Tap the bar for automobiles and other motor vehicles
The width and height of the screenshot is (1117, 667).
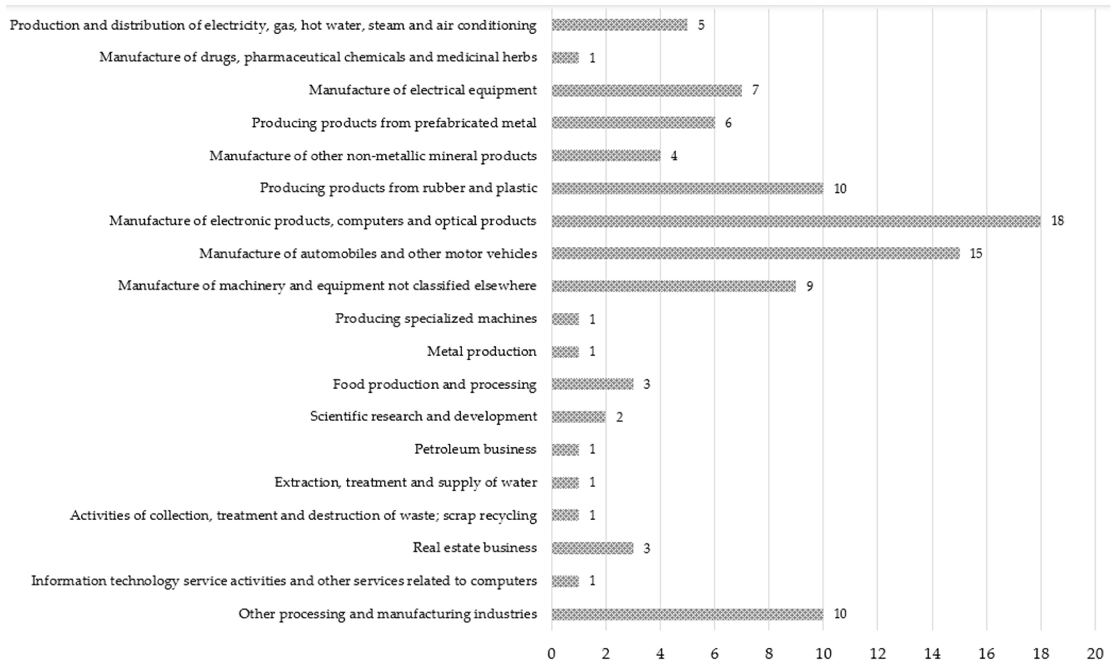(x=755, y=254)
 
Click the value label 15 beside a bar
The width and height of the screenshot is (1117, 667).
(x=976, y=254)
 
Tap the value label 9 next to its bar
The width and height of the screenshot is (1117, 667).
(x=809, y=286)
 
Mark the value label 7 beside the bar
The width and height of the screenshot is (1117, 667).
(x=755, y=90)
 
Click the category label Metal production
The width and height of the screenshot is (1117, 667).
(x=481, y=351)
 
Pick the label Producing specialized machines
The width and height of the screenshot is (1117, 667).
(x=436, y=319)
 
